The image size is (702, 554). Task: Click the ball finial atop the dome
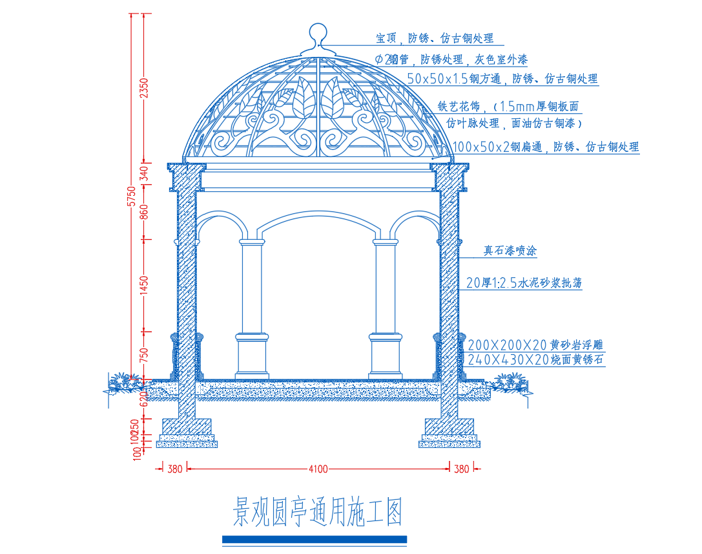tap(317, 33)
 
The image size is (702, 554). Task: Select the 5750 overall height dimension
tap(131, 196)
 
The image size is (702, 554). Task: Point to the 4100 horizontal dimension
tap(318, 469)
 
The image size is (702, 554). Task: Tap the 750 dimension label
tap(144, 355)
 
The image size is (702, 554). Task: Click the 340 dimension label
tap(144, 174)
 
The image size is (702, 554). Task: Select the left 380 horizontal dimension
tap(174, 469)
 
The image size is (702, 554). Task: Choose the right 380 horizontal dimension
tap(461, 469)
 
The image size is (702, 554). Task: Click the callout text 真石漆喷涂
tap(511, 251)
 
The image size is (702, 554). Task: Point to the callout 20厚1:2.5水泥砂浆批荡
tap(524, 282)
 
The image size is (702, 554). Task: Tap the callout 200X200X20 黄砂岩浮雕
tap(535, 345)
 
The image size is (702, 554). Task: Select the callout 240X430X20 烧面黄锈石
tap(535, 359)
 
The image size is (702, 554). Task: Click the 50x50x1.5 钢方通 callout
tap(502, 79)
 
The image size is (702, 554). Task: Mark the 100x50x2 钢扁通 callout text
tap(546, 147)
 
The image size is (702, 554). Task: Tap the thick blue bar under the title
tap(315, 539)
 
